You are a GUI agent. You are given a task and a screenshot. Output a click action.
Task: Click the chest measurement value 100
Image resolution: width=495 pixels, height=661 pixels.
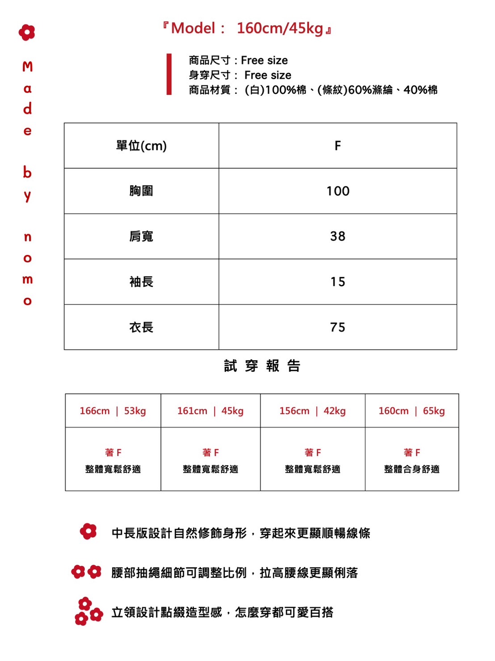338,191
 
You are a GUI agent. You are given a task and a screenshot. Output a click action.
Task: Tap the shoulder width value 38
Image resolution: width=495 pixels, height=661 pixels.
338,236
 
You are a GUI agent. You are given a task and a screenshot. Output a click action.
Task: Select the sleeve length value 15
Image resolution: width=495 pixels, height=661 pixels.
338,282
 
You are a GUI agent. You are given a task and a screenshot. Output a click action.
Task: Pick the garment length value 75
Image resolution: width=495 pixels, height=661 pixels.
338,327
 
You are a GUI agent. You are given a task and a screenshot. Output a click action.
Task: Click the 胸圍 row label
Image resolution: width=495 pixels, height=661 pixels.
141,191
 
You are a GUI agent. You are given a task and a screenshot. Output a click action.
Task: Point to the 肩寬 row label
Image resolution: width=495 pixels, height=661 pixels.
141,236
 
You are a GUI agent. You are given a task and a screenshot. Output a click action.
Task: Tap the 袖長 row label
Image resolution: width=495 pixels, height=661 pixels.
141,282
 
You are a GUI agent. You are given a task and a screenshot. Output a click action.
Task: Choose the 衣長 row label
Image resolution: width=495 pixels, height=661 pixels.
141,327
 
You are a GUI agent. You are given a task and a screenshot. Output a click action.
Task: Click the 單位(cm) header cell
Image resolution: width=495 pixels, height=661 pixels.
141,146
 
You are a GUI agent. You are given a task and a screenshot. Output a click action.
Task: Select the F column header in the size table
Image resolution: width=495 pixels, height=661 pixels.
338,146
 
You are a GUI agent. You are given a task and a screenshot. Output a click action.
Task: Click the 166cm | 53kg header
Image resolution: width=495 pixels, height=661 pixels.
113,411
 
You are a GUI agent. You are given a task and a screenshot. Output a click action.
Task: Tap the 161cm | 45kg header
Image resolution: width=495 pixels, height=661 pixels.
210,411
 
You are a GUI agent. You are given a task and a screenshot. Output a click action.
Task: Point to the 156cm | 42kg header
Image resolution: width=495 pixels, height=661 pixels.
313,411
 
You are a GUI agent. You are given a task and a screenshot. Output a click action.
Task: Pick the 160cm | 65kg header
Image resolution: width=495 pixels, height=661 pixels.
412,411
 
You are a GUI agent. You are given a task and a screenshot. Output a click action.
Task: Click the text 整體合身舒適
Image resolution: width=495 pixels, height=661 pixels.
412,469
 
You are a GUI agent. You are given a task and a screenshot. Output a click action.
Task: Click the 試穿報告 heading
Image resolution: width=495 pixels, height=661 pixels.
262,366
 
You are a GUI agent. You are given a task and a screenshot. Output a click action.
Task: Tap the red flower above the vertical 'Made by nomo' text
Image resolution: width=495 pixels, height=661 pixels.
27,32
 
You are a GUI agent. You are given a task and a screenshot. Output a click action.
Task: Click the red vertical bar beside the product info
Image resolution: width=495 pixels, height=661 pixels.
169,74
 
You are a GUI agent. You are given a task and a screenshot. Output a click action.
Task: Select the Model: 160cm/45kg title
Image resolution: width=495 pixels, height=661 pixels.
247,28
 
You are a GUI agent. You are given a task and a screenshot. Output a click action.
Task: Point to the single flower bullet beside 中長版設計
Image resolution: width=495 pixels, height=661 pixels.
88,531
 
